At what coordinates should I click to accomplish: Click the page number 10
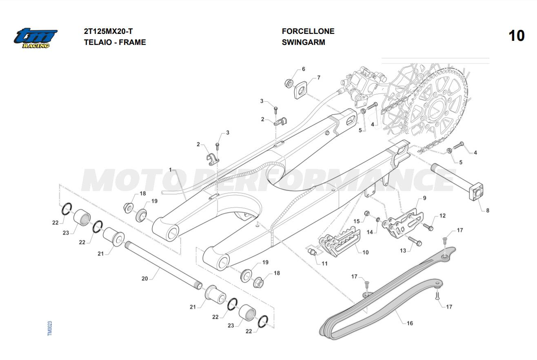516,36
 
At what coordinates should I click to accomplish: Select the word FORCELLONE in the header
308,31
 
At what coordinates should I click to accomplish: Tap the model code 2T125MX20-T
108,31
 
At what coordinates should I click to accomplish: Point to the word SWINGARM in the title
303,42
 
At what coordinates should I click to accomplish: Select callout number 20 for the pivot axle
144,278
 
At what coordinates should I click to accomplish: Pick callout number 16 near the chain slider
410,323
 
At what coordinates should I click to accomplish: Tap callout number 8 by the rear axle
487,211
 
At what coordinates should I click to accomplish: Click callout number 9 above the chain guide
424,198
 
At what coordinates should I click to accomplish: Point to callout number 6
303,69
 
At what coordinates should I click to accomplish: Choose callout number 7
318,78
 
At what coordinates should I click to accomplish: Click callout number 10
365,252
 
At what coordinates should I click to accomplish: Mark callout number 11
324,263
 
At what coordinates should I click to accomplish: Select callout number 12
442,216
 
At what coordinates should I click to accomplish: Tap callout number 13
403,251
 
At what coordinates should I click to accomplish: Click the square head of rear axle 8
476,192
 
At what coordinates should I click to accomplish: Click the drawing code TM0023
50,328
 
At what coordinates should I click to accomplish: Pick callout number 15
356,221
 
